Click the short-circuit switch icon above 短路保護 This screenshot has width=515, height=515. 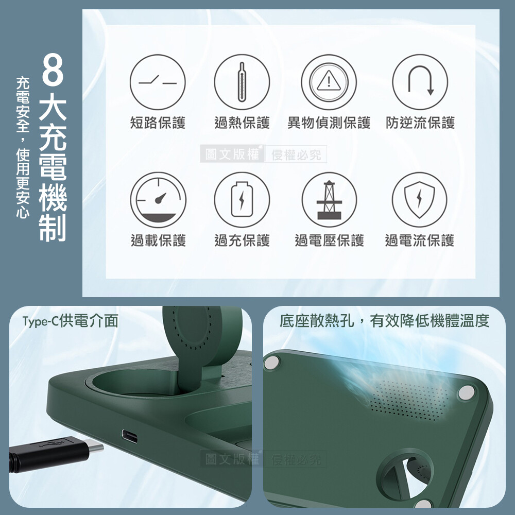click(x=158, y=82)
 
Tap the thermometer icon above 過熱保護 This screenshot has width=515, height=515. click(x=242, y=82)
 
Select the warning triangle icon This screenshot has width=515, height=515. click(x=329, y=82)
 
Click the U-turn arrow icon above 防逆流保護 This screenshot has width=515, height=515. click(x=420, y=82)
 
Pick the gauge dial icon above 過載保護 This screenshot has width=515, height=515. click(x=158, y=200)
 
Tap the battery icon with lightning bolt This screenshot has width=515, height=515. click(x=242, y=200)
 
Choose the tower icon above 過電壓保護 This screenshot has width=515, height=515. click(x=329, y=200)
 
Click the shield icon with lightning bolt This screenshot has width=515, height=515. click(x=419, y=200)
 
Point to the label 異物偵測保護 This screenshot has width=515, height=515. click(x=329, y=123)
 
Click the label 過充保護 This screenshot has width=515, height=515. click(x=242, y=241)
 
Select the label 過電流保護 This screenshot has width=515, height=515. click(x=419, y=241)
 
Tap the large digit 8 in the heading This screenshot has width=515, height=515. click(x=53, y=70)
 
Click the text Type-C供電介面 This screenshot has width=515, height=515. click(x=70, y=321)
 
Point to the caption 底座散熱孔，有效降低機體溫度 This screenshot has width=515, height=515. click(x=385, y=321)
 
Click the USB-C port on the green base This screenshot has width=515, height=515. click(x=130, y=436)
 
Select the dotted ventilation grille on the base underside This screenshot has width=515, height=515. click(x=409, y=400)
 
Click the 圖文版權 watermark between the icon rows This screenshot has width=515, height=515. click(x=232, y=154)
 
